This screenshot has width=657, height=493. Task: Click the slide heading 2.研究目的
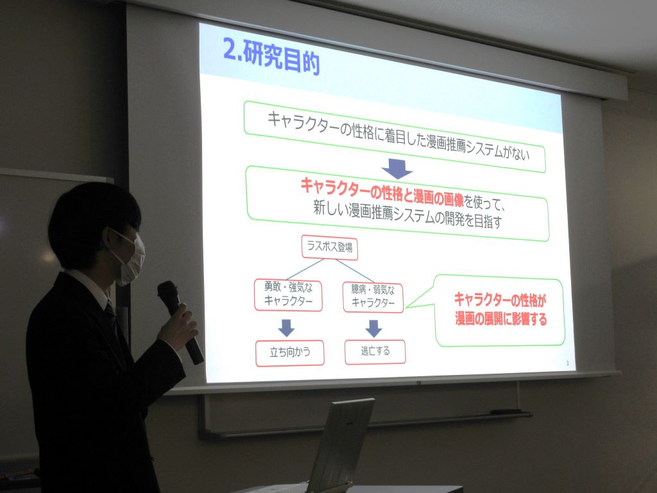click(271, 57)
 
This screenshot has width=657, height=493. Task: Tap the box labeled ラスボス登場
click(330, 247)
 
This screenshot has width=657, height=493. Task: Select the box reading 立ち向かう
click(290, 353)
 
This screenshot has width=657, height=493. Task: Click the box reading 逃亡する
click(375, 351)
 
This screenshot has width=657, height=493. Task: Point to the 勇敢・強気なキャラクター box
click(288, 295)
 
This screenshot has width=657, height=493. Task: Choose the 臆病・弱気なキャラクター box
click(373, 297)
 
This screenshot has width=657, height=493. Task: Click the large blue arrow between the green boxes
click(397, 169)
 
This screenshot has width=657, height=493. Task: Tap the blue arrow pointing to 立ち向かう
click(287, 328)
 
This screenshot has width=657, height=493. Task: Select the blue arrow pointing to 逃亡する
click(373, 329)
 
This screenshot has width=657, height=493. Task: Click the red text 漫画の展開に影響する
click(501, 320)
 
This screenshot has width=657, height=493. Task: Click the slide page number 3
click(567, 363)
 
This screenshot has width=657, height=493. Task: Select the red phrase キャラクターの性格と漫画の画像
click(382, 193)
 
